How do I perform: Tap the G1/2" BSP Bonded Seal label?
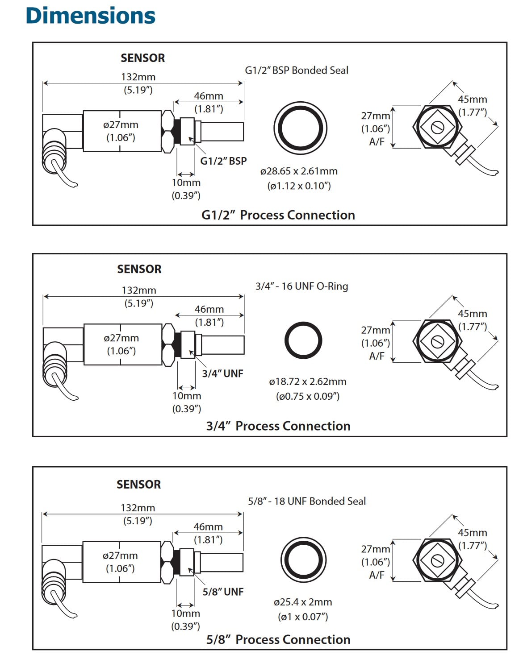297,70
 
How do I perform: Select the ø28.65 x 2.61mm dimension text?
299,171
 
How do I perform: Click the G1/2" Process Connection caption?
278,215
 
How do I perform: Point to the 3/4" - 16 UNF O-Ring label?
301,286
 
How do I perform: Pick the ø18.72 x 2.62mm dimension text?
307,381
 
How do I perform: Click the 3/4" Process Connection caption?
278,426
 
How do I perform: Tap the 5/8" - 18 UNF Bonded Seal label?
307,501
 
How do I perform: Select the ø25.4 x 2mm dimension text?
303,602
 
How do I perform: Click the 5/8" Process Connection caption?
278,639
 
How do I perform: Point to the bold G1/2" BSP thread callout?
223,161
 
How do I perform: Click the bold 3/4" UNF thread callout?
222,373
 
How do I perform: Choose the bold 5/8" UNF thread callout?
223,592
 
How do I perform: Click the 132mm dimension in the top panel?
138,77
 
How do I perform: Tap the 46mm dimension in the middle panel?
209,309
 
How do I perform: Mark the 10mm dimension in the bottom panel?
186,613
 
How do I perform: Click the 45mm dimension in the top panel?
473,99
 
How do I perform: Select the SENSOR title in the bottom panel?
139,485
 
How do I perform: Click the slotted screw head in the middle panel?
437,341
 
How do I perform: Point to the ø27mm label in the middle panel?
121,338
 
